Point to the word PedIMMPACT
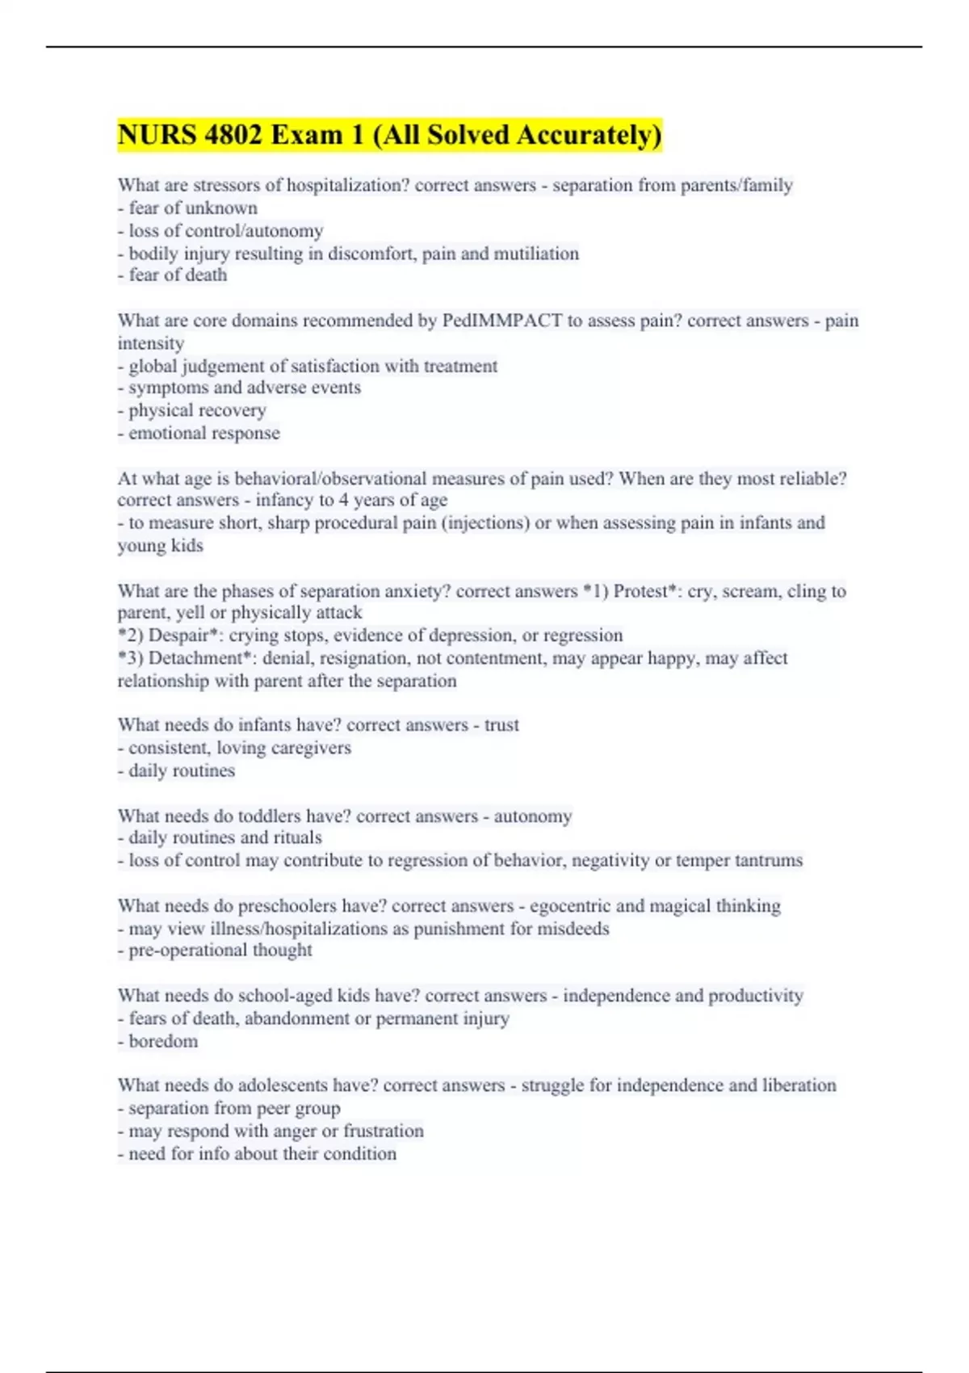501,321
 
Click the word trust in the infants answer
501,725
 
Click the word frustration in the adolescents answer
384,1131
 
